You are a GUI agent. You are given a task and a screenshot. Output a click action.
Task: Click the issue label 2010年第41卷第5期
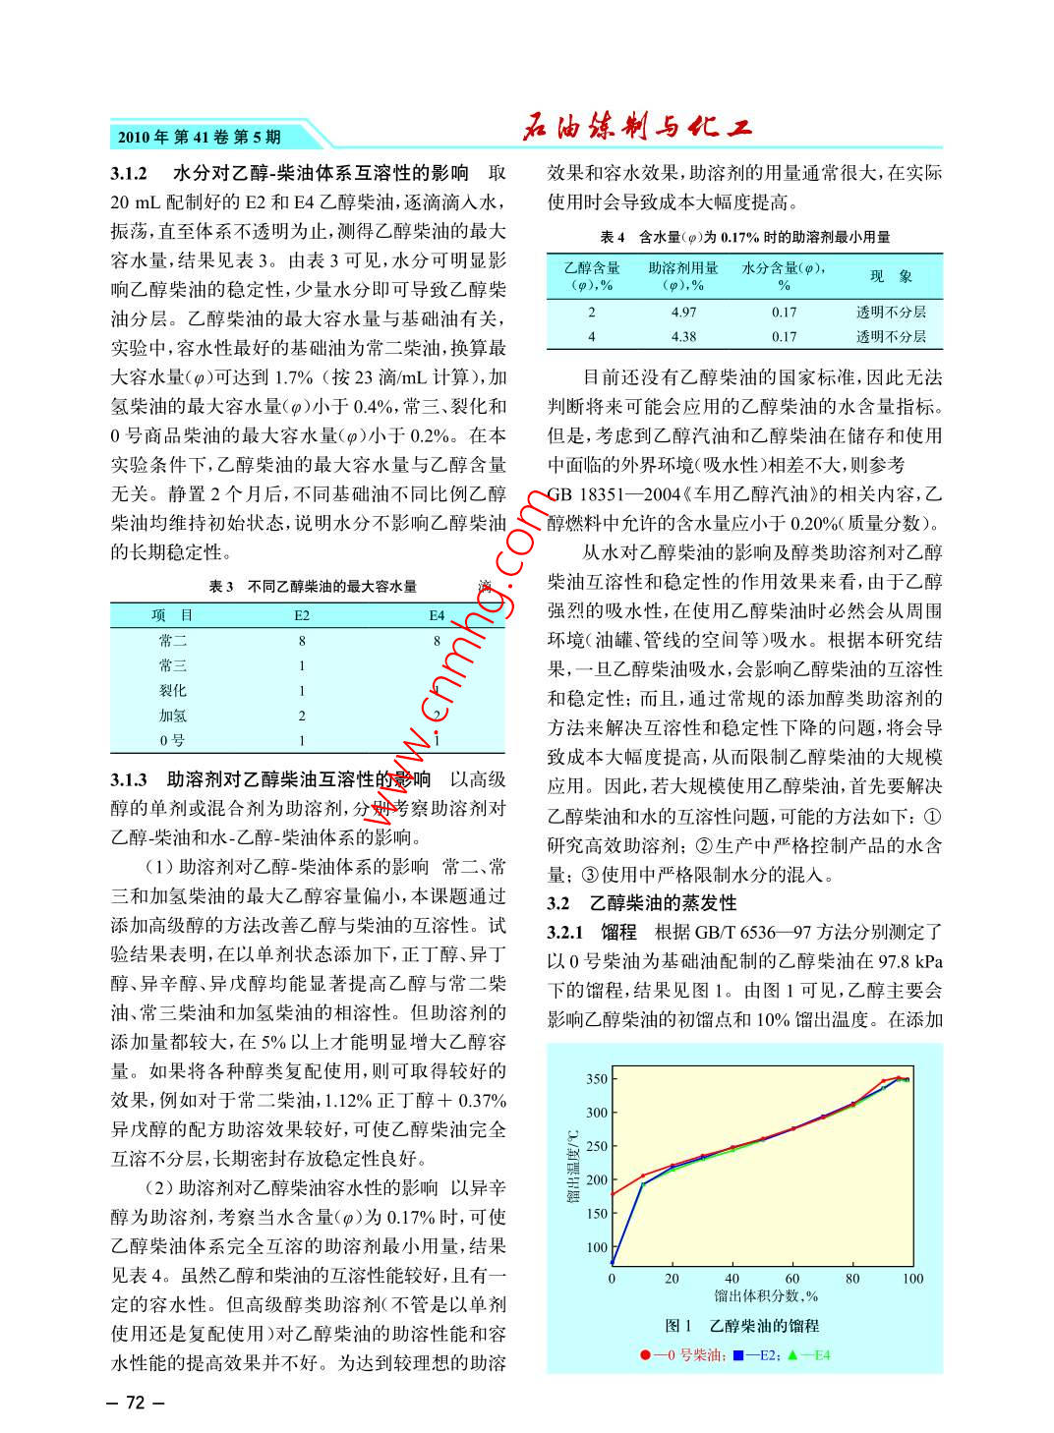point(200,137)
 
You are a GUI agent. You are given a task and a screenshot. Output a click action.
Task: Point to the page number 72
point(136,1403)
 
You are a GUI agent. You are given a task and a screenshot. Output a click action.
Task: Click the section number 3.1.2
point(129,174)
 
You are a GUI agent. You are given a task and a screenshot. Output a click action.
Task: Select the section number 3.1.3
point(129,779)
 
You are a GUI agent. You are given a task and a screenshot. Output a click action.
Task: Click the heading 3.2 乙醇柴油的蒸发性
point(642,903)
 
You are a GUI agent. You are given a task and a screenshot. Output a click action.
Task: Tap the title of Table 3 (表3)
point(313,587)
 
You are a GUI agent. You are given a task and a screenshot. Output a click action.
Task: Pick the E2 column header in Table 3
point(302,615)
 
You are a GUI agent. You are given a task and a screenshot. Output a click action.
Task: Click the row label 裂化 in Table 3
point(172,691)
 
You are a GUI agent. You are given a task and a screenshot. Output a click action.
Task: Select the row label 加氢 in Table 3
point(172,716)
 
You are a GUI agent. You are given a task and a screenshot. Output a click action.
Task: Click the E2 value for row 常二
point(302,641)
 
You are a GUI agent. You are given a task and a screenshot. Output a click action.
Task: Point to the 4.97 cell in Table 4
point(683,313)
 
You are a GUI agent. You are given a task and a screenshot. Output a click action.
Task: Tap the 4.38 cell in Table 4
point(683,336)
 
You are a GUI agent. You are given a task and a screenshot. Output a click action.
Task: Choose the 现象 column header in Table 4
point(891,277)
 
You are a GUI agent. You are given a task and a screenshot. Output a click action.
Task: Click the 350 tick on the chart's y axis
point(597,1079)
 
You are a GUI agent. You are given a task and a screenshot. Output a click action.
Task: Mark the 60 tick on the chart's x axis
point(792,1279)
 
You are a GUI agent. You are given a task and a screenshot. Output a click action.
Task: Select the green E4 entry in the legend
point(809,1355)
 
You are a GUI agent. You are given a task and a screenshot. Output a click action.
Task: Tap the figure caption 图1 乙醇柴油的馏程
point(742,1326)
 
